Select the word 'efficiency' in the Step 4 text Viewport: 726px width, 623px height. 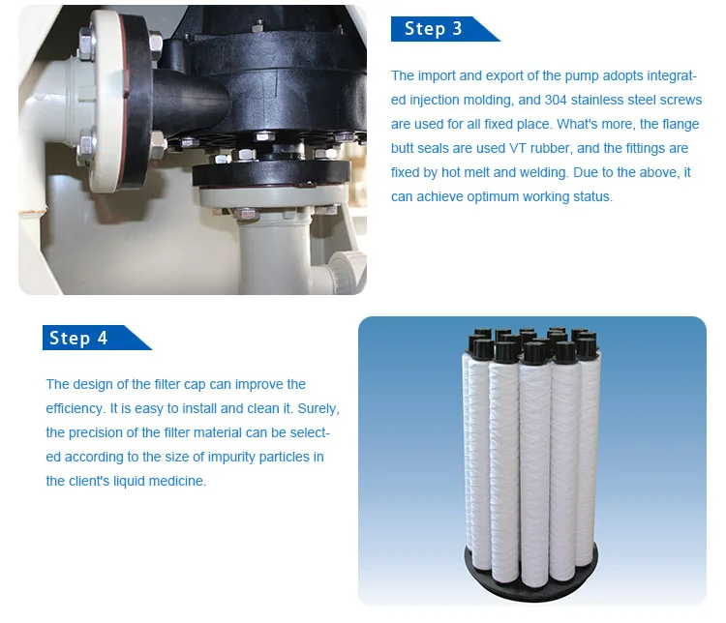pyautogui.click(x=76, y=408)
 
